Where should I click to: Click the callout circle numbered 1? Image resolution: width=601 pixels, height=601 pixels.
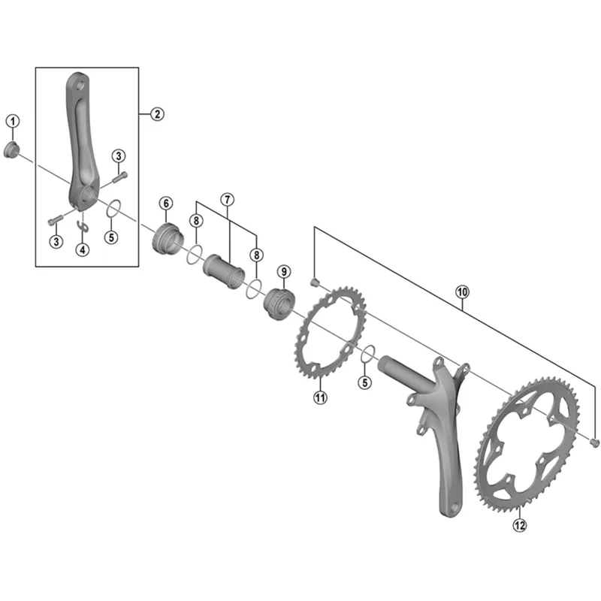[13, 120]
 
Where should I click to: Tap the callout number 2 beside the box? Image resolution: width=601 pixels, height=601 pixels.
[157, 114]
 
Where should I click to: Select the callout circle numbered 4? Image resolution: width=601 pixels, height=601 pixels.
[82, 249]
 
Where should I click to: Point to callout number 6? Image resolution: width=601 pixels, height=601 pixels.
[165, 203]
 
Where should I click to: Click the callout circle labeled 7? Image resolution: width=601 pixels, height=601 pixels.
[228, 200]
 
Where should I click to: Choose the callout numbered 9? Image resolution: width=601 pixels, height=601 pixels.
[283, 270]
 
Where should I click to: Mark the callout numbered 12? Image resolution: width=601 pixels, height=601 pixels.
[520, 525]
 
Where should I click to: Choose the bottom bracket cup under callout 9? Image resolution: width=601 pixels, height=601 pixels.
[279, 302]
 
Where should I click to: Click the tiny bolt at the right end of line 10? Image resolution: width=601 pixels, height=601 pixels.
[595, 442]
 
